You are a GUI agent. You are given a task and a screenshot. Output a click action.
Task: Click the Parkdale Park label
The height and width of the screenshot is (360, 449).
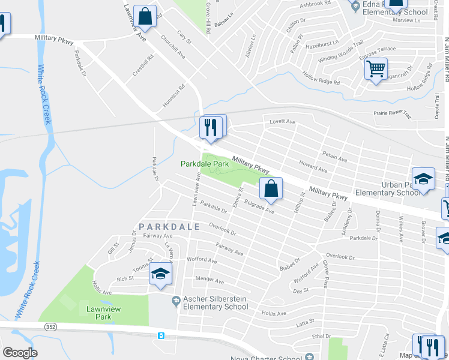click(x=205, y=163)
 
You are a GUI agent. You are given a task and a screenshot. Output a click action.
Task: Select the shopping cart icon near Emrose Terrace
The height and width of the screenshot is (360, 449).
click(x=376, y=69)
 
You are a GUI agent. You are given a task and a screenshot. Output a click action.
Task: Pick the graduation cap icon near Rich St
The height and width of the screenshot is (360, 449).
click(x=160, y=274)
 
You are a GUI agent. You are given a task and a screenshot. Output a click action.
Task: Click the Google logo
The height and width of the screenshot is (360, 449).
click(x=20, y=353)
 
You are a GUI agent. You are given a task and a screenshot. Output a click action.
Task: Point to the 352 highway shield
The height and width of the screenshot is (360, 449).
click(x=50, y=325)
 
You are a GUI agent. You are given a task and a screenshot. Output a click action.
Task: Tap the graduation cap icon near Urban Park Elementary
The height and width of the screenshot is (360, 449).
click(x=424, y=179)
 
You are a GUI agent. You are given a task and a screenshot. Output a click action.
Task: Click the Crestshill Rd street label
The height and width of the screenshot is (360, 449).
click(x=143, y=66)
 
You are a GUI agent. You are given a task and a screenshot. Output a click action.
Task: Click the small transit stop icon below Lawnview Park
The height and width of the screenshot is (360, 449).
click(x=161, y=335)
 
